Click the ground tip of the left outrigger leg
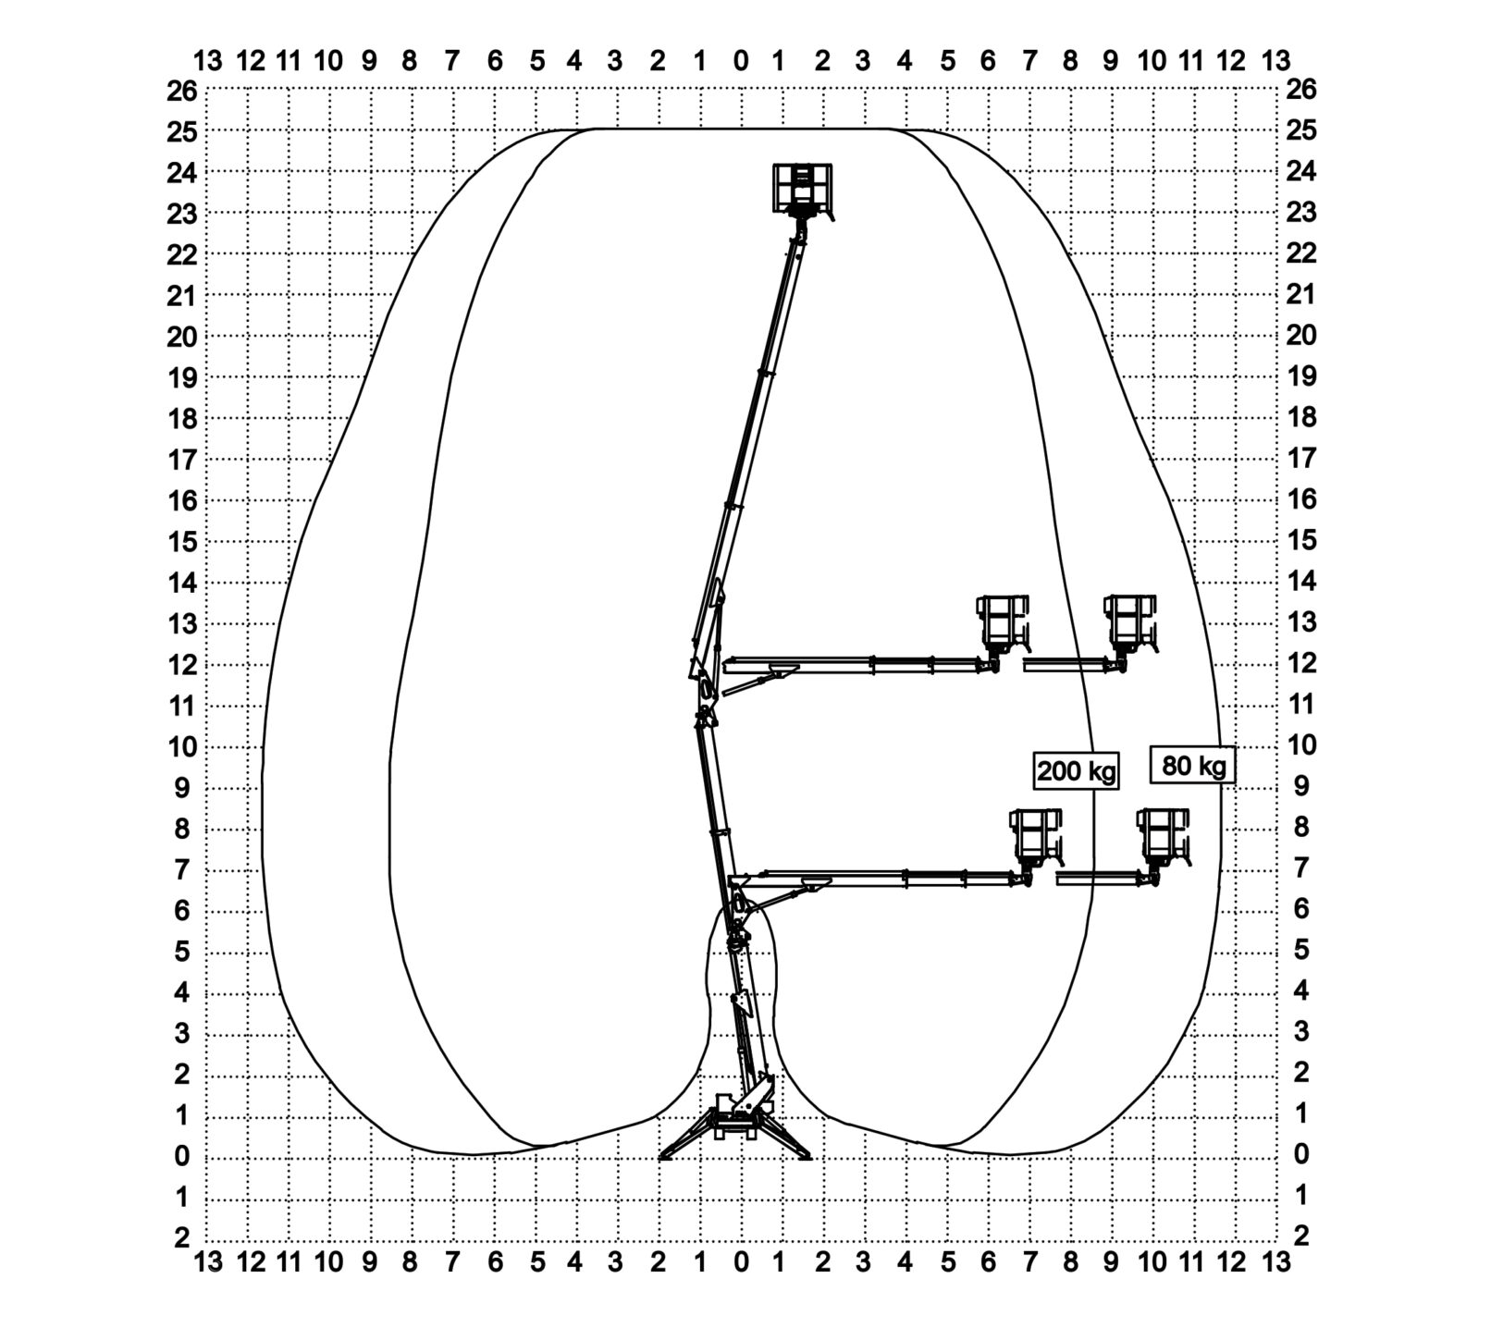[660, 1158]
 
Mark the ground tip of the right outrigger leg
[810, 1158]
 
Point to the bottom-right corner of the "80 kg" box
[1234, 783]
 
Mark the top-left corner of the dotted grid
[207, 89]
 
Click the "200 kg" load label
[1076, 770]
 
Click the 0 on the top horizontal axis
[741, 61]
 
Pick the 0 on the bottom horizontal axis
[741, 1261]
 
